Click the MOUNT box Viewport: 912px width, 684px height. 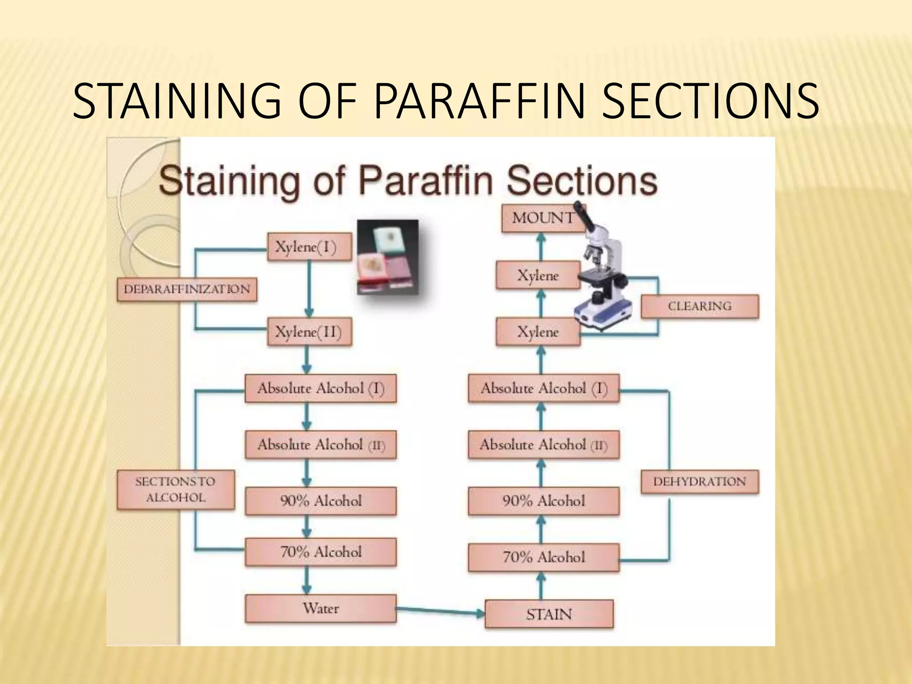543,218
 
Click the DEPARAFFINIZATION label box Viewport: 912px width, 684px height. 187,289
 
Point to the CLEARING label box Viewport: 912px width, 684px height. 700,306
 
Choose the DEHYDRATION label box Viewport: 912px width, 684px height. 700,482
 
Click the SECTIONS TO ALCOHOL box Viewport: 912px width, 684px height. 175,490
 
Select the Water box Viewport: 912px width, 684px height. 321,609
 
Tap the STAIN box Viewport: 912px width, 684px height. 549,615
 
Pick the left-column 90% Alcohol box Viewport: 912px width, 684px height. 321,501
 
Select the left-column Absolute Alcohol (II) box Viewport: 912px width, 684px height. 321,445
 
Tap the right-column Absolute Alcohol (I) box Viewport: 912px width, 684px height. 543,389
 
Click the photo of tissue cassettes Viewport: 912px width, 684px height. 387,257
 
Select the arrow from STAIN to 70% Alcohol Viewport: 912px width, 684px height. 541,586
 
